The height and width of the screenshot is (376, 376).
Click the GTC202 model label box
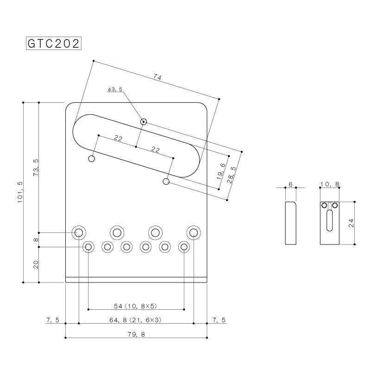click(53, 44)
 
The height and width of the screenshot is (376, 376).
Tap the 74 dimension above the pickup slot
click(157, 77)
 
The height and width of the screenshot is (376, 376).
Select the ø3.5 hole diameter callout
click(115, 89)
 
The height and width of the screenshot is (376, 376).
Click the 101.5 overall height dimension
click(20, 192)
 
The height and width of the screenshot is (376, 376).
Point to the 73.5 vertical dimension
click(36, 168)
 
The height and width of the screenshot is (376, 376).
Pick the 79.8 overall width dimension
click(136, 334)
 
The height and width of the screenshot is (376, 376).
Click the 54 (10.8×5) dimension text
click(136, 306)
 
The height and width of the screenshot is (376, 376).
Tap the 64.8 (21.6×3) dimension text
click(136, 320)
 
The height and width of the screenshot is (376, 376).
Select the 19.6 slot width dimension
click(221, 171)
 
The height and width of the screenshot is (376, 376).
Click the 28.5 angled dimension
click(232, 175)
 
